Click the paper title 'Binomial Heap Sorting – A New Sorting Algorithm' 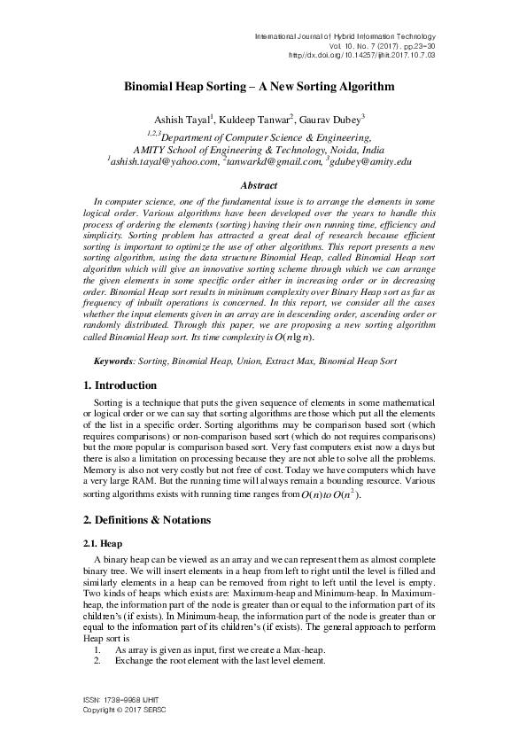coord(264,89)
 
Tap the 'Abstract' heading coord(263,185)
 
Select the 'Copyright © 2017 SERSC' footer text coord(124,711)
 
